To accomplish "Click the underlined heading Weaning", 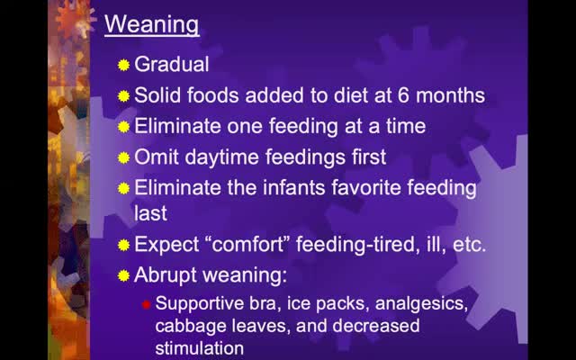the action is pyautogui.click(x=152, y=24).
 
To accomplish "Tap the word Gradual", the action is pyautogui.click(x=172, y=64).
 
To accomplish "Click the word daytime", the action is pyautogui.click(x=221, y=158).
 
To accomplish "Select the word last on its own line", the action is pyautogui.click(x=150, y=213).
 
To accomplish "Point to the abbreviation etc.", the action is pyautogui.click(x=469, y=245).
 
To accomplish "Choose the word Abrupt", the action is pyautogui.click(x=166, y=275).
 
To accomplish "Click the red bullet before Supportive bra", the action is pyautogui.click(x=147, y=304).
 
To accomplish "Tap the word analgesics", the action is pyautogui.click(x=421, y=304).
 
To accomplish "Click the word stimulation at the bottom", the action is pyautogui.click(x=200, y=348).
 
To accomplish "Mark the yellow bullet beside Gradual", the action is pyautogui.click(x=124, y=66).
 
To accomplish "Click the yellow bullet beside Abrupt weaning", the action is pyautogui.click(x=124, y=276).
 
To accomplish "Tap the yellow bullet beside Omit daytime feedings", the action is pyautogui.click(x=124, y=158).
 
